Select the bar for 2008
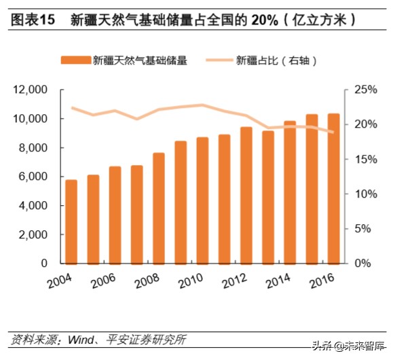[x=158, y=208]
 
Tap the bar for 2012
[x=246, y=195]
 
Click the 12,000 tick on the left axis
[x=29, y=90]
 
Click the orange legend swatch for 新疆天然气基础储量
[x=76, y=60]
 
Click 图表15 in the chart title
[x=31, y=20]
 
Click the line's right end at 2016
[x=333, y=132]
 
